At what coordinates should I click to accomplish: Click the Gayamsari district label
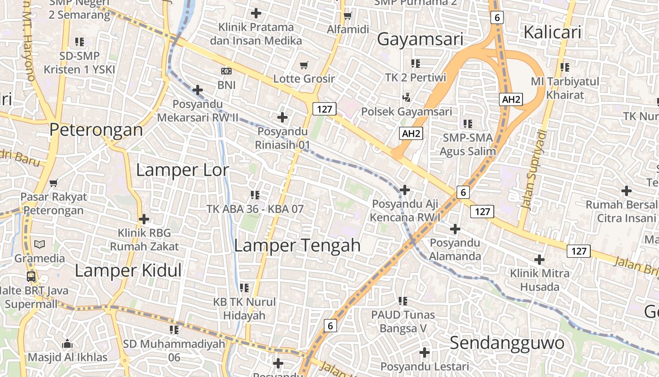coord(420,39)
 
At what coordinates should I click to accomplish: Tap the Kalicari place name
coord(552,33)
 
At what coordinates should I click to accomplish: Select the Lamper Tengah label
coord(297,246)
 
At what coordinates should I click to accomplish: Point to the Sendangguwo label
coord(506,343)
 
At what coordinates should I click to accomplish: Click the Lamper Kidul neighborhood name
coord(128,270)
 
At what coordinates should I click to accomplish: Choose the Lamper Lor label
coord(182,170)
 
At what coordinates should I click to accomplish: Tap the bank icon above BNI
coord(226,71)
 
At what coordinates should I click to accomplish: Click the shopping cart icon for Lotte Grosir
coord(304,65)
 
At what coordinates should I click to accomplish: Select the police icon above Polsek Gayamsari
coord(406,98)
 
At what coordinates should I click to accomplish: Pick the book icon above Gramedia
coord(40,244)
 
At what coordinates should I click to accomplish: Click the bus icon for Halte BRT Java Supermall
coord(31,276)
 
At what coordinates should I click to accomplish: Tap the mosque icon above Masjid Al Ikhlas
coord(67,343)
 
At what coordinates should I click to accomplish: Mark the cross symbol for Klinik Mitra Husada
coord(539,259)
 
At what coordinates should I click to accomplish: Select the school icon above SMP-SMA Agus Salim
coord(467,124)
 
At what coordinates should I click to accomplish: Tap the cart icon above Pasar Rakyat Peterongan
coord(54,182)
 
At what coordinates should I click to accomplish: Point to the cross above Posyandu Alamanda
coord(455,229)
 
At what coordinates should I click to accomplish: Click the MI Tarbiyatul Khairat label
coord(565,88)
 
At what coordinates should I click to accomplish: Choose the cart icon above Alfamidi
coord(348,16)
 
